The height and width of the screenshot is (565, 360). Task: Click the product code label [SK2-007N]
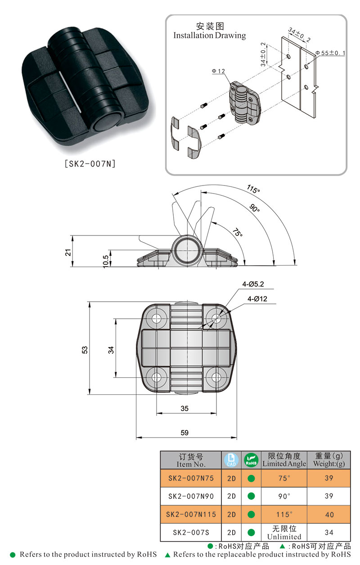pos(90,164)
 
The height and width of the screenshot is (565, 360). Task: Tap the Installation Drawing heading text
pos(210,36)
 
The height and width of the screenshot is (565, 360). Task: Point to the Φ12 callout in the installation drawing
pos(218,72)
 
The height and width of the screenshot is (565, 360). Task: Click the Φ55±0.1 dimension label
pos(330,53)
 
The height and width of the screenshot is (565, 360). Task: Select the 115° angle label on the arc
pos(253,189)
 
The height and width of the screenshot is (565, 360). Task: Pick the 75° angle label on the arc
pos(238,232)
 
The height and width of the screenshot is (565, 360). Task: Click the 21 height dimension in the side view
pos(68,252)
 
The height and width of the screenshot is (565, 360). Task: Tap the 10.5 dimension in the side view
pos(106,261)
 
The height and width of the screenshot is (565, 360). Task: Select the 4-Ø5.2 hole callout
pos(253,284)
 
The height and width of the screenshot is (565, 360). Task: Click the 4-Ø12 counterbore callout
pos(257,299)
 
